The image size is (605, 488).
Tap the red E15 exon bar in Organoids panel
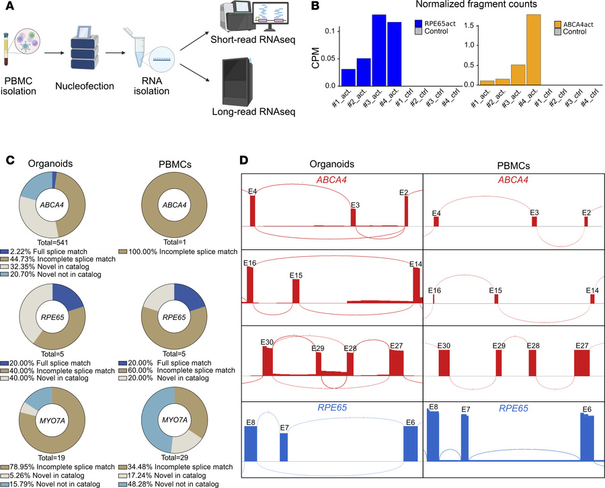[x=296, y=291]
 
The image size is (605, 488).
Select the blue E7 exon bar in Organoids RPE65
[x=284, y=446]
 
